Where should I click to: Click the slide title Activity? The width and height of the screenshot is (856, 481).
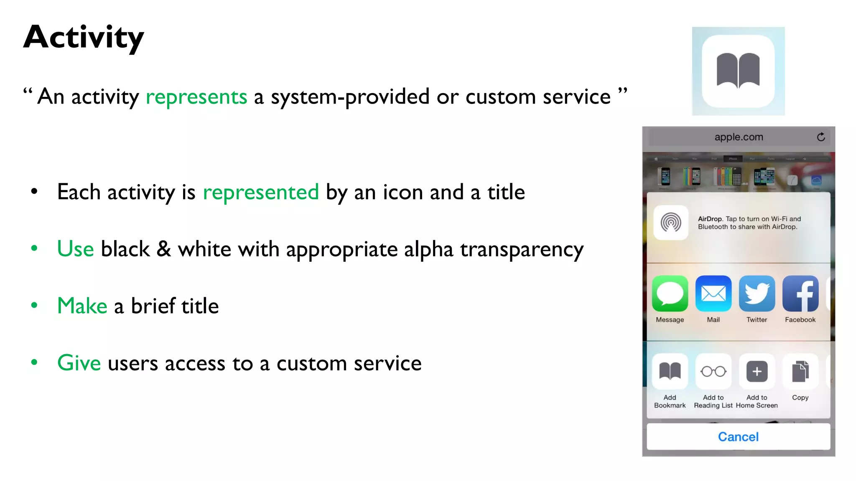(x=84, y=38)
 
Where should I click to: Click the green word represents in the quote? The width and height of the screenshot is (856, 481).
(x=196, y=97)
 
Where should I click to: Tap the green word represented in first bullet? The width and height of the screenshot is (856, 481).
(x=260, y=192)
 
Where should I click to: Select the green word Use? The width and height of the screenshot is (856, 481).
(x=75, y=249)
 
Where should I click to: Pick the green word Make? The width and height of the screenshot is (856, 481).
(x=82, y=306)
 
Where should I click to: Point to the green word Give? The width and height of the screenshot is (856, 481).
(x=79, y=363)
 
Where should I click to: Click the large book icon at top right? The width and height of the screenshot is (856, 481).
(x=738, y=71)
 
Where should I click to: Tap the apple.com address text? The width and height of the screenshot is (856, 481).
(x=739, y=137)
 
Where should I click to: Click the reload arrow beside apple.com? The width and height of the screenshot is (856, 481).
(x=821, y=137)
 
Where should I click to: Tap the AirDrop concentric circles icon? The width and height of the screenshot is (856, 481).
(x=671, y=223)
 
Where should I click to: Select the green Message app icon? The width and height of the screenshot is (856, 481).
(x=670, y=294)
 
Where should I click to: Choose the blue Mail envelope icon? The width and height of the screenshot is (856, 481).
(x=713, y=294)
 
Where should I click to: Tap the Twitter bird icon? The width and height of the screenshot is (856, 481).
(x=757, y=294)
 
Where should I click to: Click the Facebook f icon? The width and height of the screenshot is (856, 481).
(x=800, y=294)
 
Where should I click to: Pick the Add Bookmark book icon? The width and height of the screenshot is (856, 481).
(x=670, y=371)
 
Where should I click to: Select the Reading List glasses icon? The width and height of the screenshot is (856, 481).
(x=713, y=371)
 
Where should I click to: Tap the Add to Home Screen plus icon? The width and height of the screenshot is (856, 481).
(x=757, y=371)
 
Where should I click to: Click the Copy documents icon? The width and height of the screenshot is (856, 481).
(x=800, y=371)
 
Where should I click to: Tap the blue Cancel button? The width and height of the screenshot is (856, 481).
(x=738, y=437)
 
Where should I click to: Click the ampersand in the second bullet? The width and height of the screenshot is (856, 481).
(x=164, y=249)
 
